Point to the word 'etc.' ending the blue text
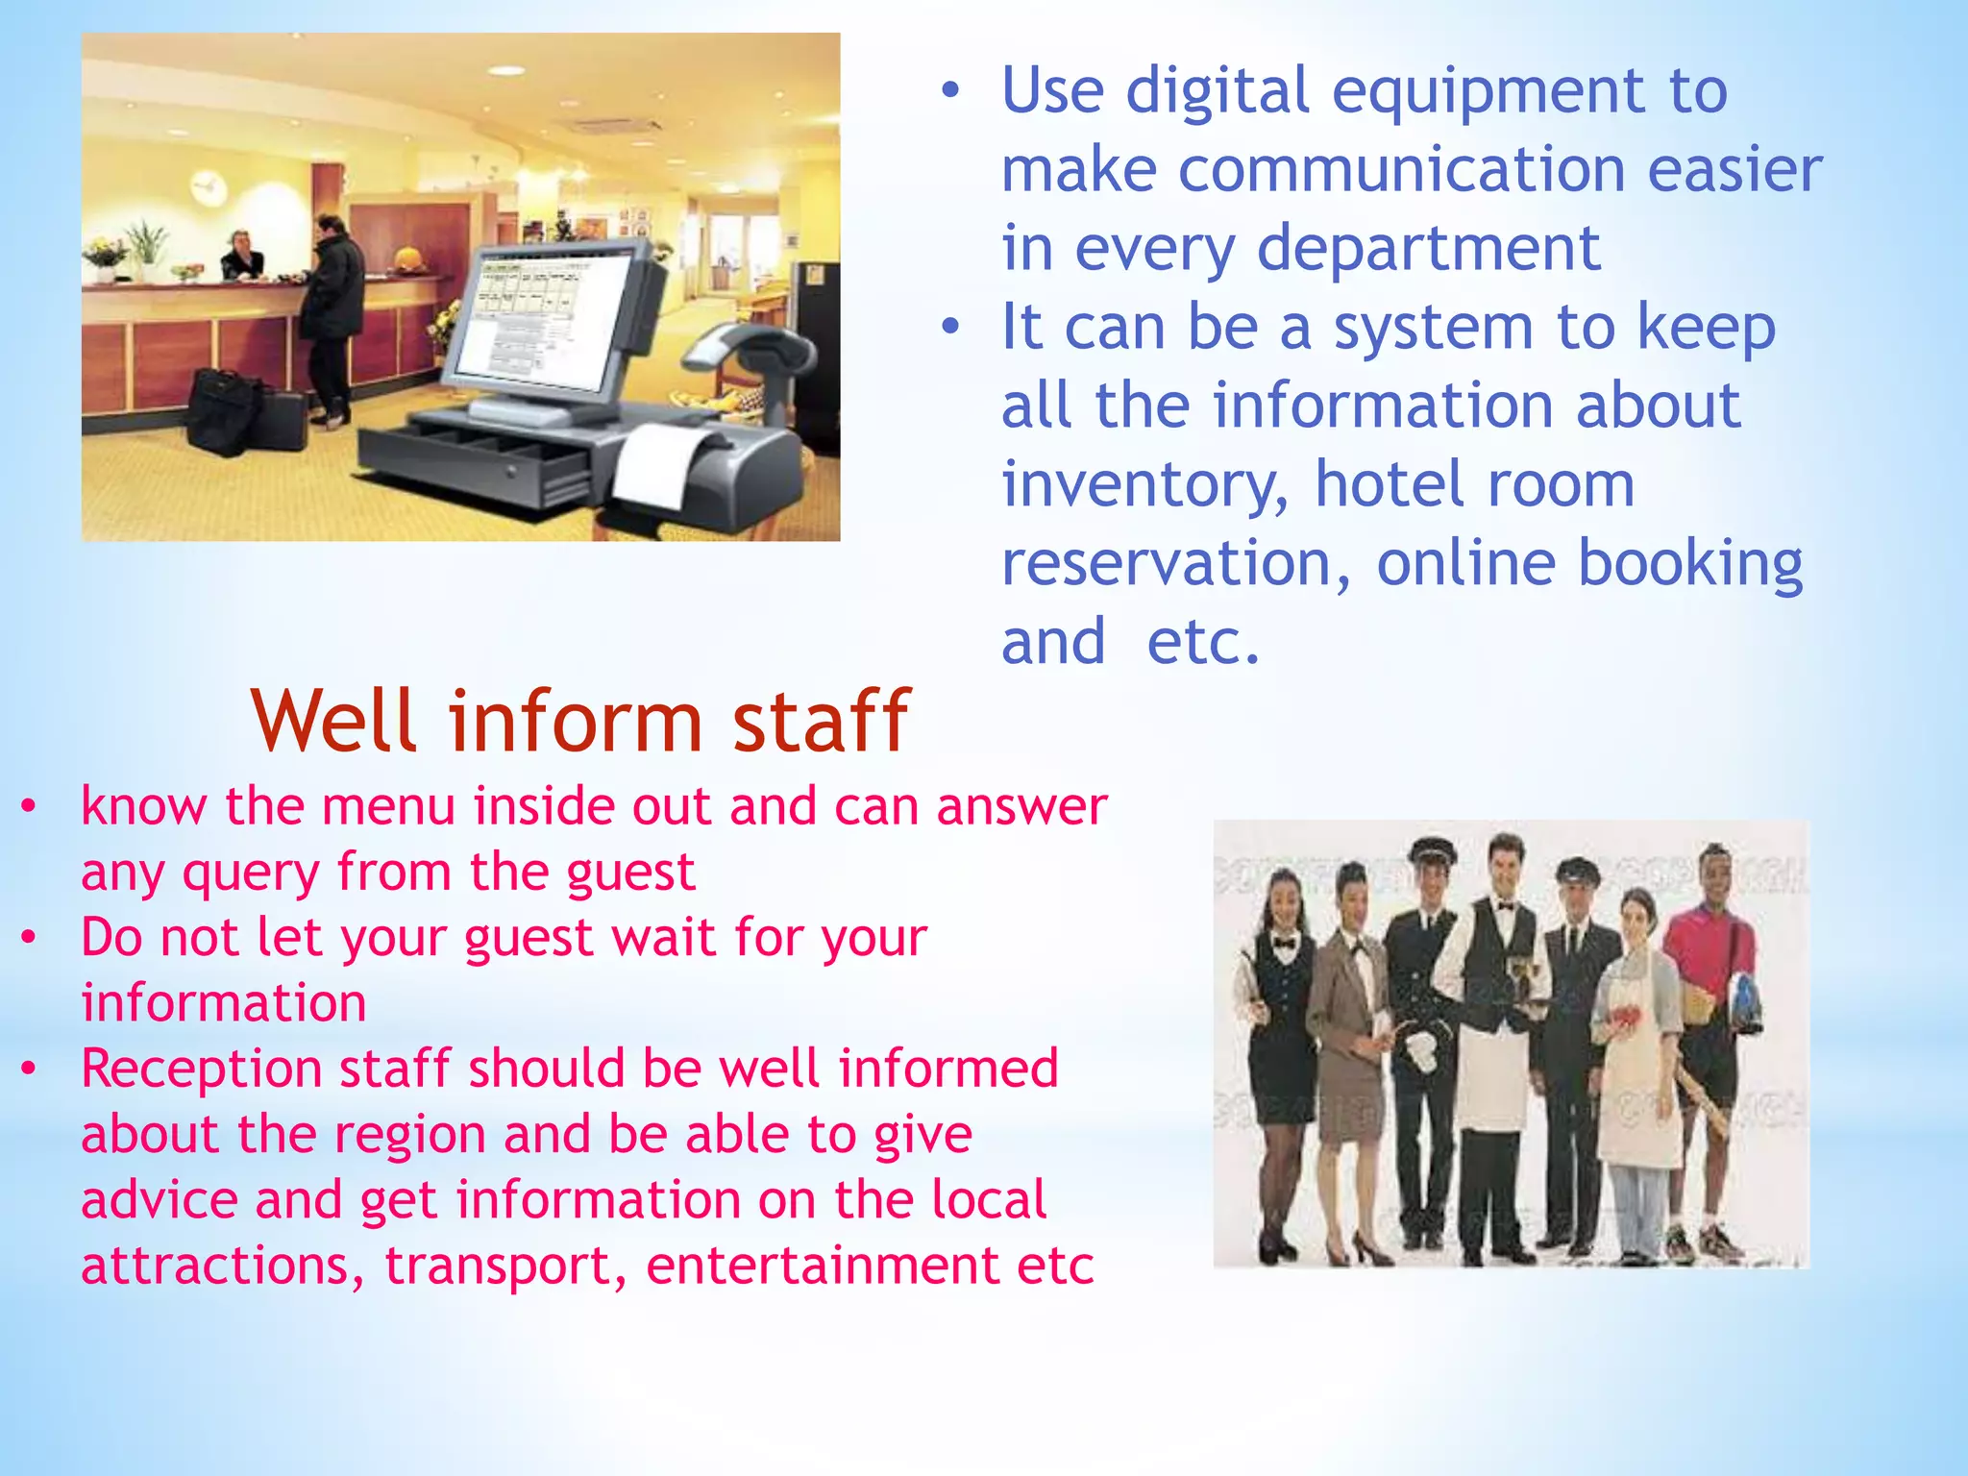click(1202, 643)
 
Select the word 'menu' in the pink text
click(388, 807)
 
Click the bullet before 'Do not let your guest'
click(29, 937)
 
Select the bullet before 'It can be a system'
click(950, 328)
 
